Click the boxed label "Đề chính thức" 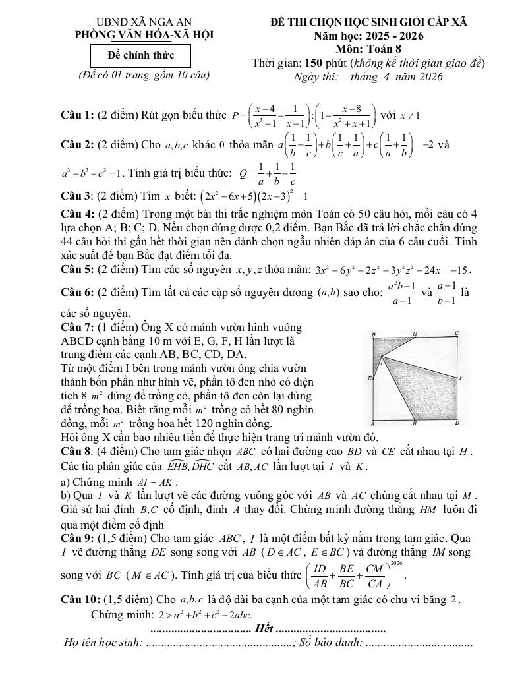click(x=140, y=55)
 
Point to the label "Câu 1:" click(x=77, y=115)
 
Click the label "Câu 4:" click(x=77, y=214)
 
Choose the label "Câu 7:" click(x=77, y=327)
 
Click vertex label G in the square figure click(x=415, y=334)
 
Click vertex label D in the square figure click(x=457, y=423)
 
